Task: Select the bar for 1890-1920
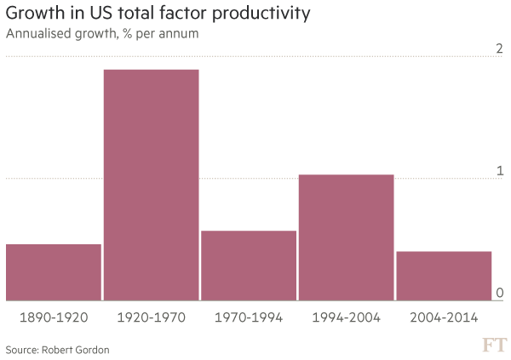tap(54, 272)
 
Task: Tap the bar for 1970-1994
tap(248, 266)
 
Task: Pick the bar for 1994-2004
tap(346, 237)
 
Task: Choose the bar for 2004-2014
tap(444, 276)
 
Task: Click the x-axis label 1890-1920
tap(54, 317)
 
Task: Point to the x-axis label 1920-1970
tap(151, 317)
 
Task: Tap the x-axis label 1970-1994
tap(248, 317)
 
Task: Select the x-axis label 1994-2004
tap(346, 317)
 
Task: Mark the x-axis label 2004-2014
tap(444, 317)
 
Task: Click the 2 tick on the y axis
tap(500, 48)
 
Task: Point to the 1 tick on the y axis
tap(501, 171)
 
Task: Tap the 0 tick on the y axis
tap(500, 294)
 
